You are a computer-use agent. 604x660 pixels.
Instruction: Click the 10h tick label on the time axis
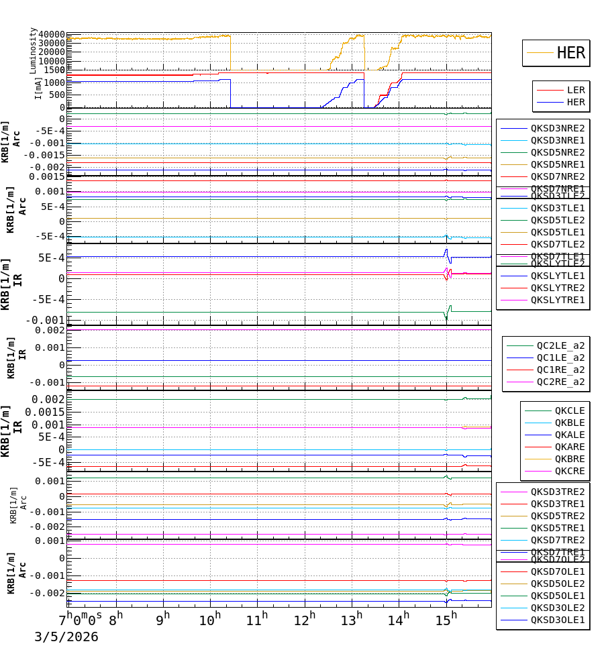tap(210, 618)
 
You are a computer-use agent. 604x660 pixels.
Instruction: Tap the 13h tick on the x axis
tap(352, 618)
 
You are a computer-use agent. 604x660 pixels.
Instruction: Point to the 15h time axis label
tap(446, 618)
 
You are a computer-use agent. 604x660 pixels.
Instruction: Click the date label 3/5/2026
tap(66, 637)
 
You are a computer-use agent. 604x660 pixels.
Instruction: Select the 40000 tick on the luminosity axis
tap(52, 35)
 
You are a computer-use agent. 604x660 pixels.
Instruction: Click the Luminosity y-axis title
tap(33, 50)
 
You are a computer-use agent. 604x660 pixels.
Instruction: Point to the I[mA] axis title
tap(38, 87)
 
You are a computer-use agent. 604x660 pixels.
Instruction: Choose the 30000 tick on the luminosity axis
tap(52, 44)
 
